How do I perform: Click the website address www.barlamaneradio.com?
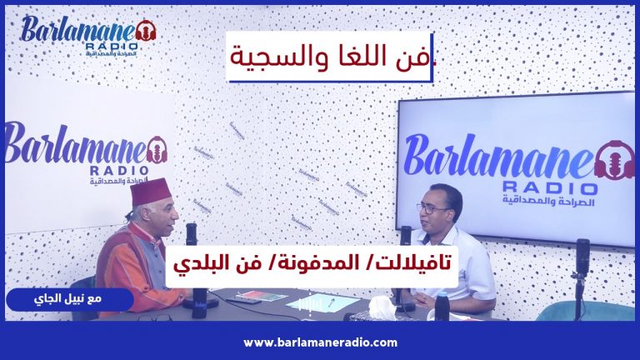pos(320,342)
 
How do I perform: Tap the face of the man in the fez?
pos(166,219)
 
